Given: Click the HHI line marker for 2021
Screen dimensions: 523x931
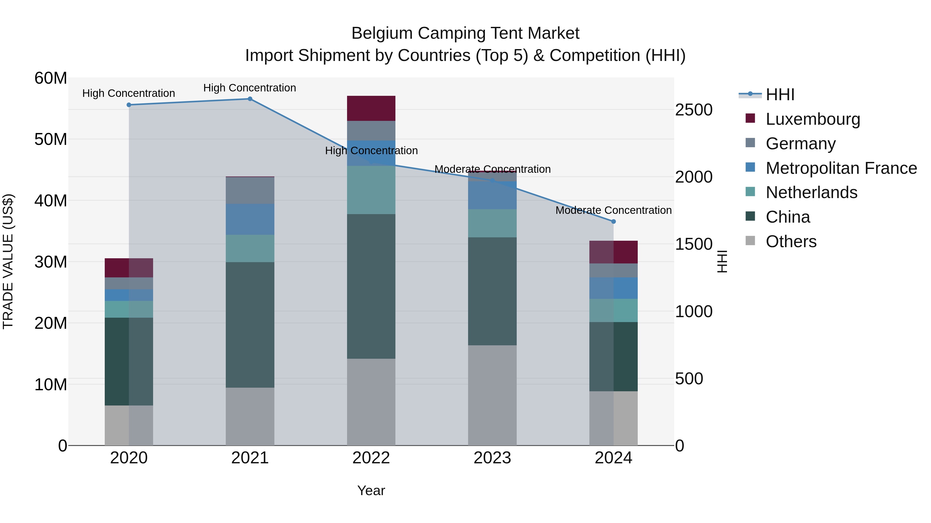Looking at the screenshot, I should point(250,99).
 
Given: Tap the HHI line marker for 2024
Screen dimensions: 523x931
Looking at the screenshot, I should point(613,222).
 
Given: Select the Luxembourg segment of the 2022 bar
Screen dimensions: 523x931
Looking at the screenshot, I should point(371,108).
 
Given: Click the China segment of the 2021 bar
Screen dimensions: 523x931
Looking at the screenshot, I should point(250,325).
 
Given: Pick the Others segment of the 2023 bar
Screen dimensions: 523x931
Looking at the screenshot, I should point(492,395).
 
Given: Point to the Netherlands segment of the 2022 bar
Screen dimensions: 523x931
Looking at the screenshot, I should point(371,190).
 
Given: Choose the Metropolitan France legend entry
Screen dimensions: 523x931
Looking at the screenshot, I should point(841,168).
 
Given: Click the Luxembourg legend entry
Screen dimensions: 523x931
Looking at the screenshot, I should point(813,119).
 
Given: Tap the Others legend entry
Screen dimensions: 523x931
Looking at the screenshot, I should point(791,241).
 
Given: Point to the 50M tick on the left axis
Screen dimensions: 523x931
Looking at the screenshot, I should point(51,139).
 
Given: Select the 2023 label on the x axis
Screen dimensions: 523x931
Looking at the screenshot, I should point(492,458).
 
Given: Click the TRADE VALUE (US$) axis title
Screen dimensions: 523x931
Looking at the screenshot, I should point(8,261).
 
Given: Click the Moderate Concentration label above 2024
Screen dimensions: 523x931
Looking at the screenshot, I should point(613,210).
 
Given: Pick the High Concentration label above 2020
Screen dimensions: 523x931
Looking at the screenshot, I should point(129,93).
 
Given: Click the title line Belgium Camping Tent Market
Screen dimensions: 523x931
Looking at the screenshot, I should point(465,33).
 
